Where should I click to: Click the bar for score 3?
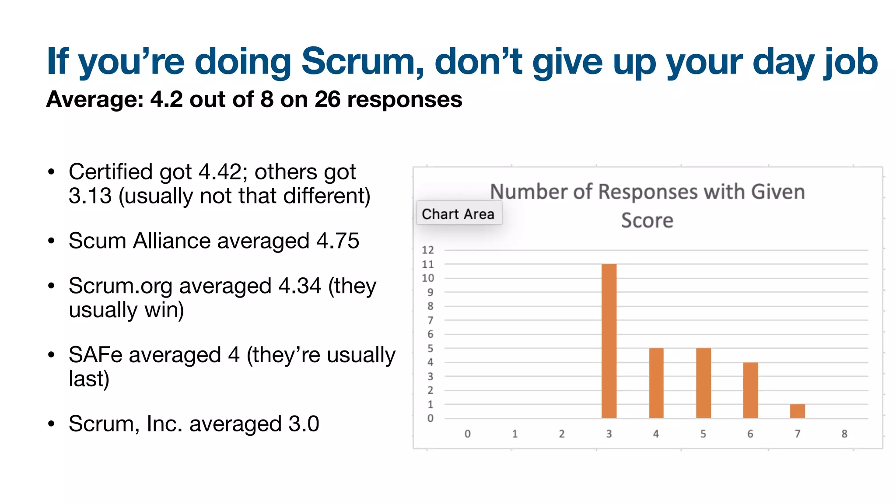tap(609, 341)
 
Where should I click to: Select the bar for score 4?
tap(656, 383)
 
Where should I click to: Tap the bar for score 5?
tap(703, 383)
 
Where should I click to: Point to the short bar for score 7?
tap(798, 411)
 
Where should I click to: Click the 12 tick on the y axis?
tap(427, 250)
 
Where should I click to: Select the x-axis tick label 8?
tap(844, 434)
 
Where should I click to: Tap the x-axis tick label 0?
tap(468, 434)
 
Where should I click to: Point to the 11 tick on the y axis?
tap(427, 264)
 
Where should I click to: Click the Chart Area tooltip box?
tap(458, 214)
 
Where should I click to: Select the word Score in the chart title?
tap(647, 220)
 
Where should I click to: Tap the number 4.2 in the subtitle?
tap(167, 99)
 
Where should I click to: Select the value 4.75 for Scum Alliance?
tap(338, 241)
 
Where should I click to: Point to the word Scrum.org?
tap(120, 286)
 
